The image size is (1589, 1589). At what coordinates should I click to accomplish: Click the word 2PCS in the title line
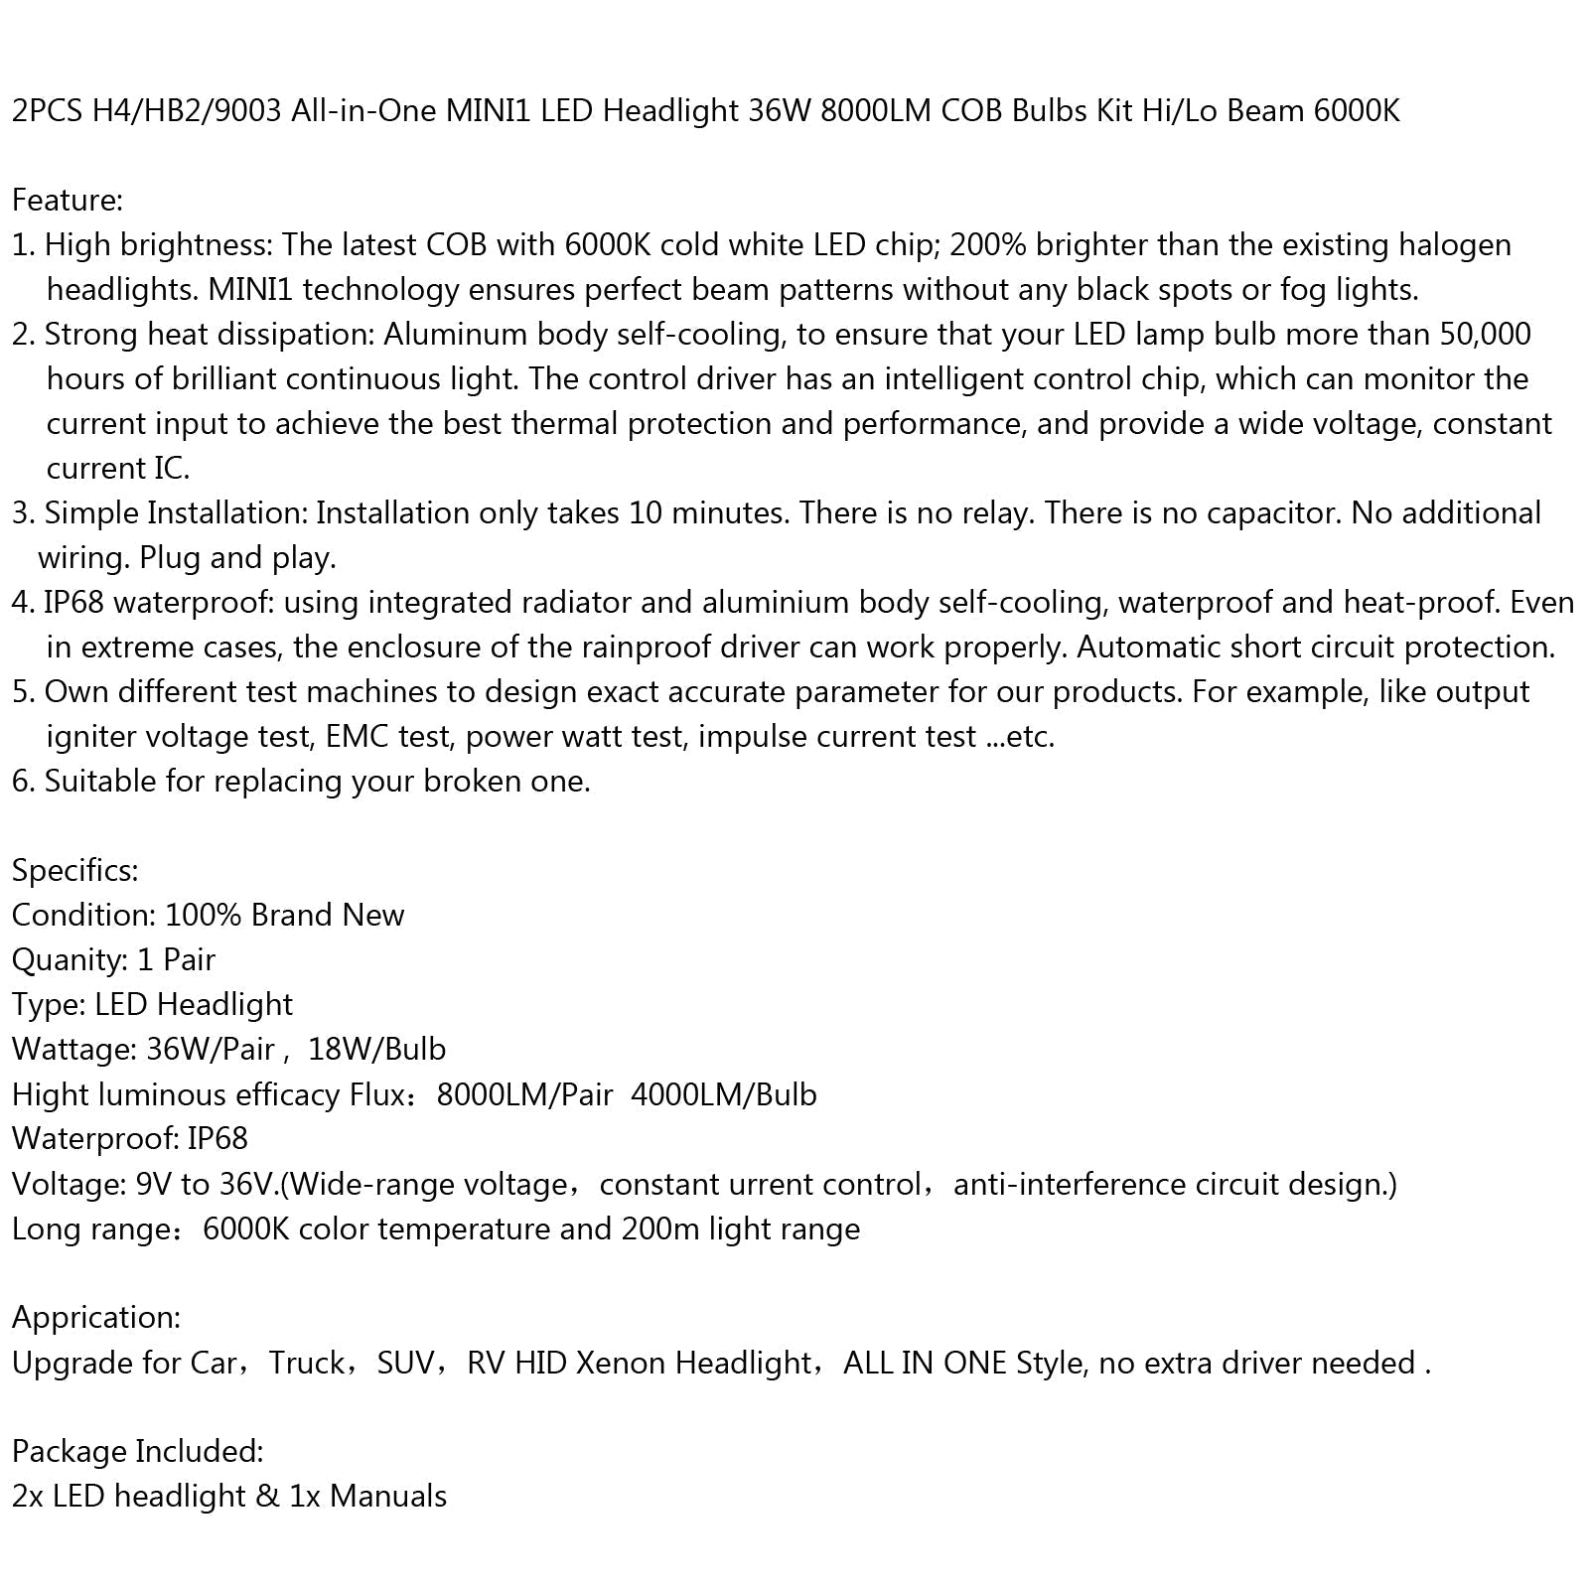48,110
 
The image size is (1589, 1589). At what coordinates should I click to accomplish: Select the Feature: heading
67,200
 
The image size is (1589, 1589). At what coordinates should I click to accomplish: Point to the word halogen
1455,244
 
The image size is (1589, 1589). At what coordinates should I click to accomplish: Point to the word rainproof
673,647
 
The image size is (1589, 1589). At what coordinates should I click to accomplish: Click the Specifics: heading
74,870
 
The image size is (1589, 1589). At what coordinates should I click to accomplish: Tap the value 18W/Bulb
376,1049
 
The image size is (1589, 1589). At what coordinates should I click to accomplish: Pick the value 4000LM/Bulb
723,1094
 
